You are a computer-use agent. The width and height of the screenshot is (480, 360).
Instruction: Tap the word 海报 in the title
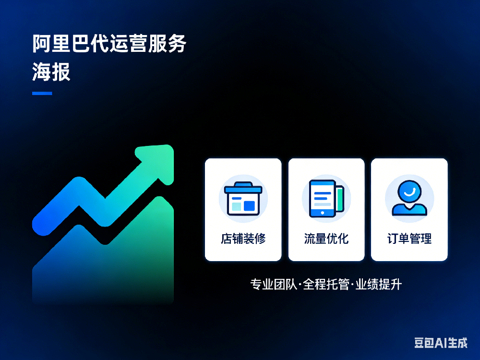pos(51,72)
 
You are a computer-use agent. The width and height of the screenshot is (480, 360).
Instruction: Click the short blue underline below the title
pos(42,93)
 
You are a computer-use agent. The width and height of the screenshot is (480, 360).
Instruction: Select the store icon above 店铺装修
pos(243,198)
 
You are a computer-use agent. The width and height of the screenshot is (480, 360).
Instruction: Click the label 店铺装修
pos(243,239)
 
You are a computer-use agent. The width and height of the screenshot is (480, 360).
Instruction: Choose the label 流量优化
pos(326,239)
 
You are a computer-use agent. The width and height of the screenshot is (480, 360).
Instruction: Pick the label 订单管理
pos(409,239)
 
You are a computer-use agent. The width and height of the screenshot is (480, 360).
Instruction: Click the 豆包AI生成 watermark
pos(441,343)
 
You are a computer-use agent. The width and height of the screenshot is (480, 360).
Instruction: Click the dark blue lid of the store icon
pos(243,189)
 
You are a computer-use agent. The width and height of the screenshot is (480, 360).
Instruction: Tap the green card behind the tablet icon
pos(340,198)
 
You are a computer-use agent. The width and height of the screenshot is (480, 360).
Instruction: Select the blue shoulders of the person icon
pos(409,210)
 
